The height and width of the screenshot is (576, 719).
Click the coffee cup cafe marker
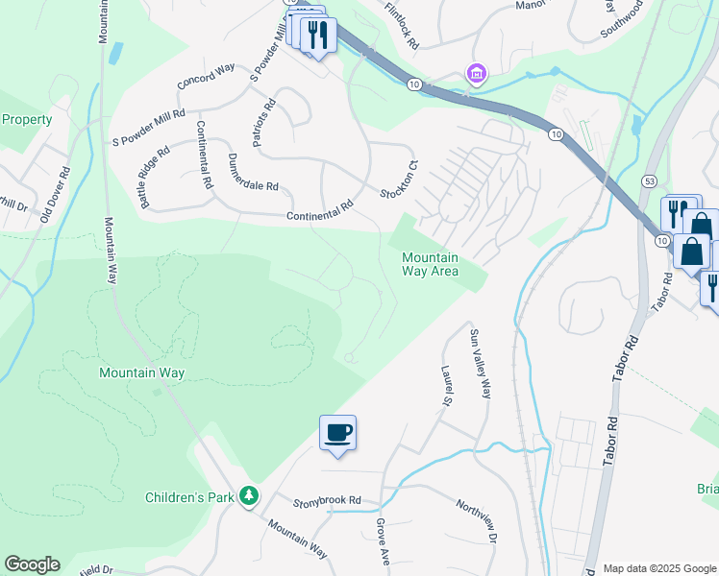337,432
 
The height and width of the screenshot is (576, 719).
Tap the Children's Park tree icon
250,495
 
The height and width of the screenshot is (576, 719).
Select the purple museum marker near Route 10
476,73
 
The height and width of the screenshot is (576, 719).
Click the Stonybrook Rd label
327,500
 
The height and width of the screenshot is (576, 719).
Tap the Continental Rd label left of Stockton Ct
320,211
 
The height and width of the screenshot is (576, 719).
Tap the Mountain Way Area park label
430,264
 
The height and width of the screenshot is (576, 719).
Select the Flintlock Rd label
402,25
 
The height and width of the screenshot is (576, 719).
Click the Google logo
32,564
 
